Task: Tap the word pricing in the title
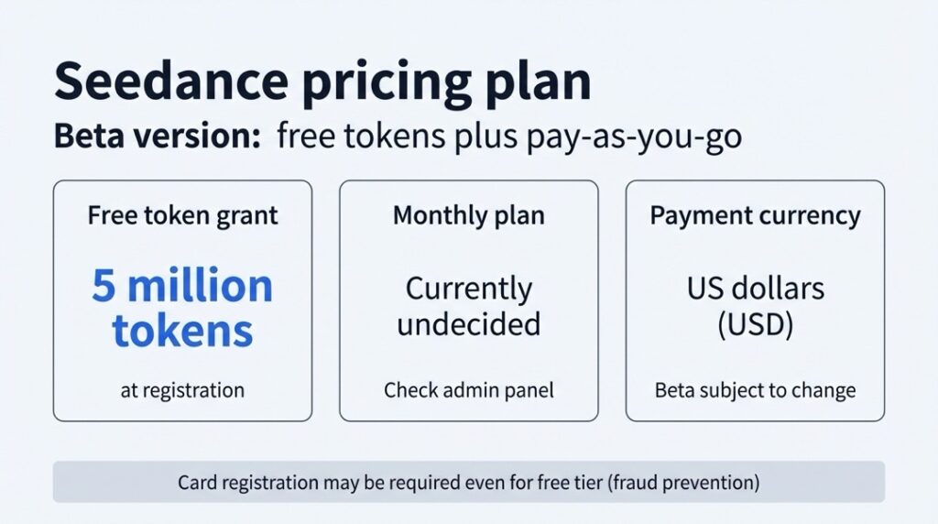(387, 84)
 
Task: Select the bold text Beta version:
(158, 136)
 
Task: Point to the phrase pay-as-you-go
(634, 137)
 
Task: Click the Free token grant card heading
(182, 215)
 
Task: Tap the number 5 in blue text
(104, 285)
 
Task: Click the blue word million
(200, 285)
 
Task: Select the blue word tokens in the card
(182, 331)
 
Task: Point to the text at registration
(182, 390)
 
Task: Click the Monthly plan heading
(469, 216)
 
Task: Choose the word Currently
(469, 290)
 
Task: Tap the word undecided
(469, 323)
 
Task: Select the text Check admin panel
(469, 390)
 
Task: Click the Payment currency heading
(755, 216)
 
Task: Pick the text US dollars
(755, 289)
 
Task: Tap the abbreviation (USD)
(755, 325)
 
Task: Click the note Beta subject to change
(755, 390)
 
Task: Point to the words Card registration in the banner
(248, 482)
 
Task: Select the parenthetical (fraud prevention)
(683, 482)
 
